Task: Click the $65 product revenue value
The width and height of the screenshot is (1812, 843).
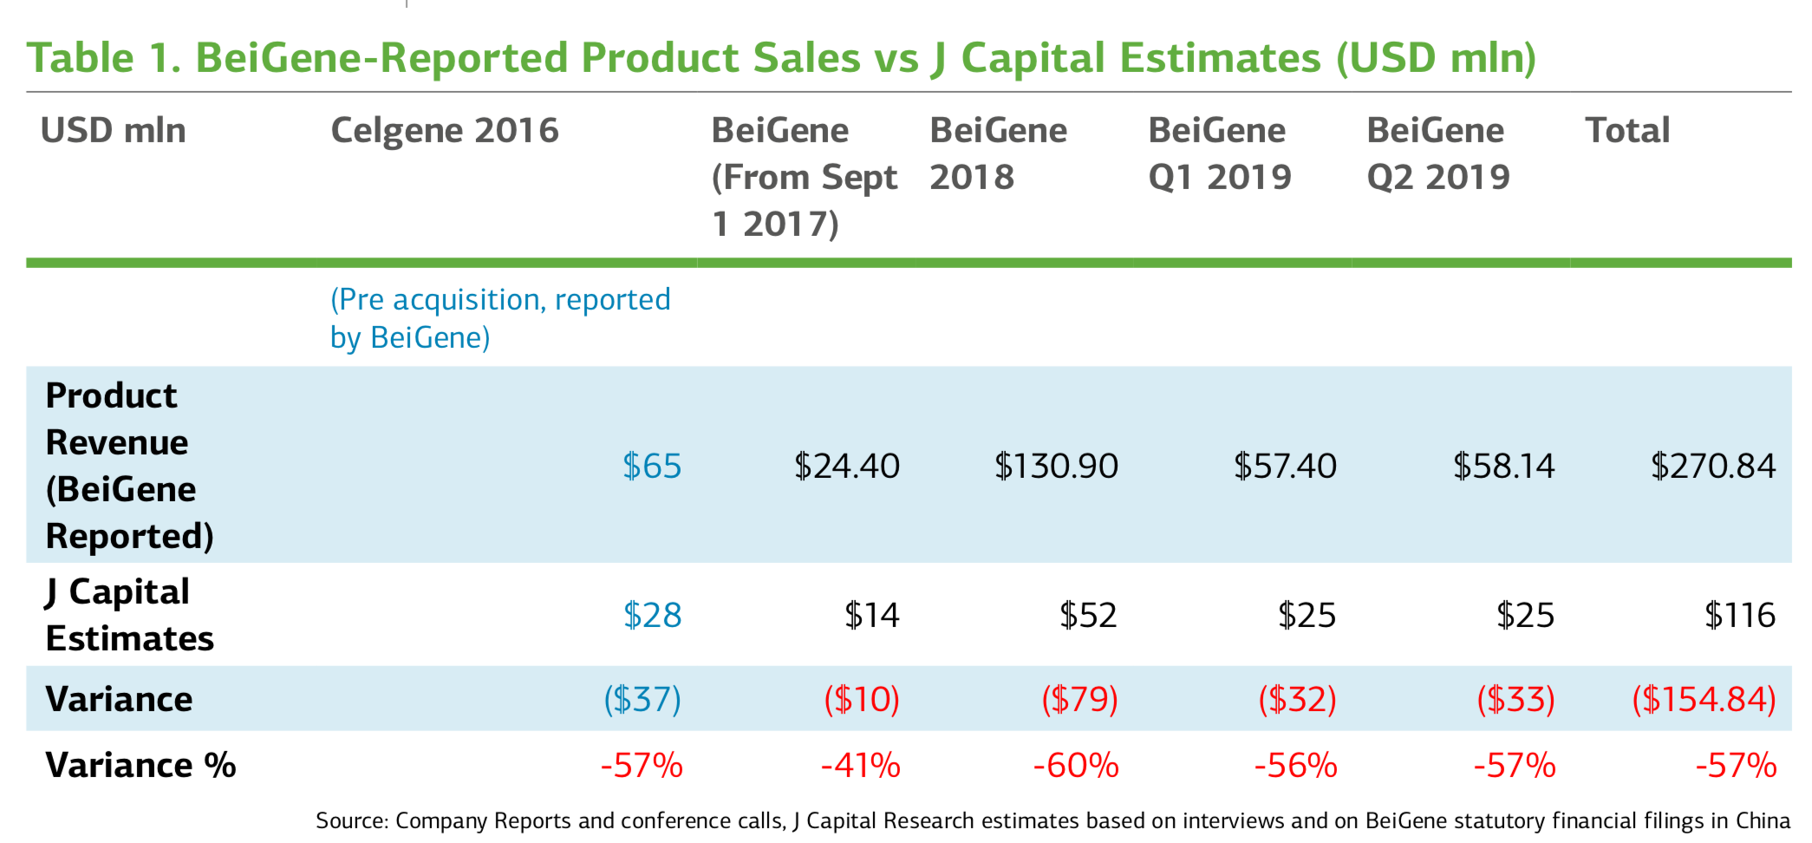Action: [x=652, y=467]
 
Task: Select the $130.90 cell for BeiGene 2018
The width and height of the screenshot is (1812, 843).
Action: [x=1056, y=467]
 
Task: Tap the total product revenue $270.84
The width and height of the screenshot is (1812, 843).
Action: [x=1712, y=467]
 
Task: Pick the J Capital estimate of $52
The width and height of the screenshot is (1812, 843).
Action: [x=1088, y=616]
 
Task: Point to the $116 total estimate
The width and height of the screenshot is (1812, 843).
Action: [x=1739, y=616]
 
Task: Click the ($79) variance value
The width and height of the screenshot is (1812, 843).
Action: [x=1079, y=699]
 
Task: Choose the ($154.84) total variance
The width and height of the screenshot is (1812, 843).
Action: [x=1704, y=699]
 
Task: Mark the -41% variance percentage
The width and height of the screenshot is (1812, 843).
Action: [x=860, y=766]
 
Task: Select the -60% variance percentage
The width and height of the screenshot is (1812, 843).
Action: [x=1076, y=766]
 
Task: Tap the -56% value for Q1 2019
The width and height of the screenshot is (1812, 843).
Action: [x=1295, y=766]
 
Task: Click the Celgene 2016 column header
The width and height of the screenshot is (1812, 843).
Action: [x=445, y=131]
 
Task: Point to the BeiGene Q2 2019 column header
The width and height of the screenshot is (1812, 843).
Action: [x=1437, y=154]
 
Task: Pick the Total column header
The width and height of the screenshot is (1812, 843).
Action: [x=1627, y=131]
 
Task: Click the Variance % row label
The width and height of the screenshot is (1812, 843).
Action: [x=140, y=766]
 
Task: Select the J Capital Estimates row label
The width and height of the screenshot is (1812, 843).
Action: [x=129, y=616]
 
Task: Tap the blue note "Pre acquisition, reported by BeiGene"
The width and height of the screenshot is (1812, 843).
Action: [x=499, y=318]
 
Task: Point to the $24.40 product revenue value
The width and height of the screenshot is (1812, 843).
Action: [x=846, y=467]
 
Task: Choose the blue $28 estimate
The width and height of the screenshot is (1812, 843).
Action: [x=652, y=616]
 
